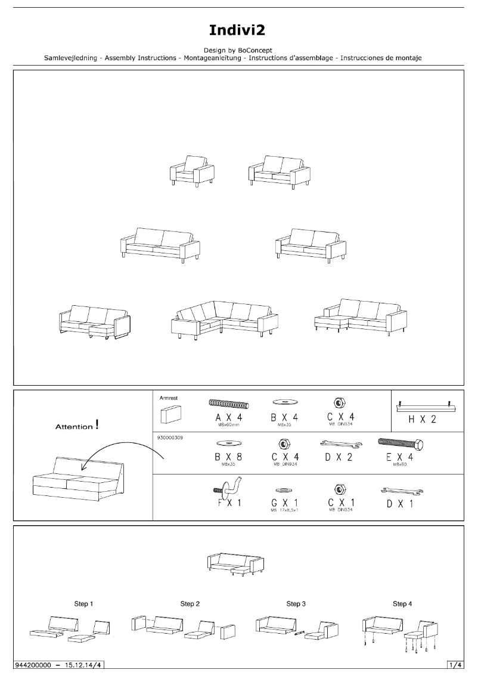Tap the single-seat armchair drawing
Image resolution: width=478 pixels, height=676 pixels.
point(192,171)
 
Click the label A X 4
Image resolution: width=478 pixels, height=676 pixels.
point(228,419)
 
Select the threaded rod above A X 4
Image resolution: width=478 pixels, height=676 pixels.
point(228,405)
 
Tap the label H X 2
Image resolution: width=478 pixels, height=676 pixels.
point(422,419)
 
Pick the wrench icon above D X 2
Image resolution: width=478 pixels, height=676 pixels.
point(338,444)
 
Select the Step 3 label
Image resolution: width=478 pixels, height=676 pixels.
point(296,604)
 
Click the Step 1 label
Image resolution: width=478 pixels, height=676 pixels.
point(83,604)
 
